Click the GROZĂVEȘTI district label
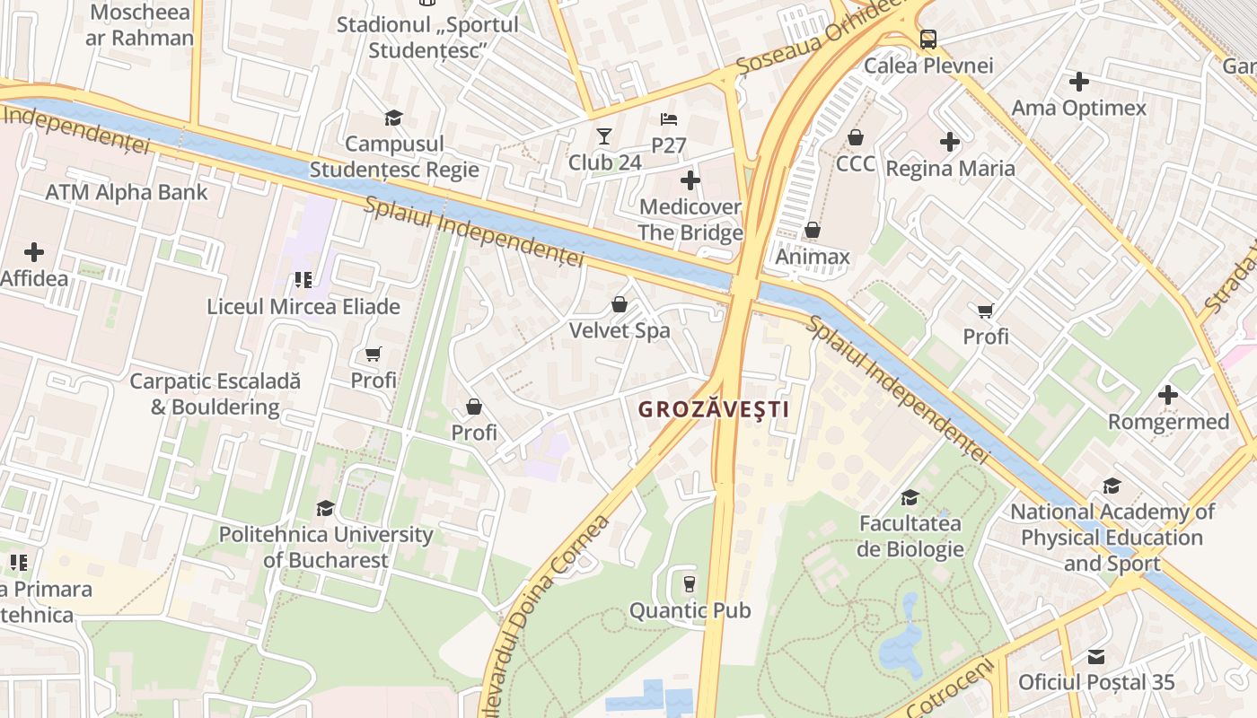[x=713, y=410]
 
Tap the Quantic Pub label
[x=690, y=611]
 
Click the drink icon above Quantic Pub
[x=690, y=584]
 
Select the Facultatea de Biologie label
[x=910, y=536]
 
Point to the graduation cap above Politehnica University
[x=325, y=509]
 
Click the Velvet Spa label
[x=620, y=330]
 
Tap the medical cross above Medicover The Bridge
[x=690, y=180]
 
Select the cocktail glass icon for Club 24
[x=604, y=136]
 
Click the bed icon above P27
[x=669, y=118]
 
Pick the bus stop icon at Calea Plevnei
[x=928, y=39]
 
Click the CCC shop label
[x=856, y=163]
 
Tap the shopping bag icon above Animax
[x=813, y=231]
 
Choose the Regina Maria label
[x=950, y=169]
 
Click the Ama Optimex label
[x=1078, y=108]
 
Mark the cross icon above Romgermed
[x=1168, y=395]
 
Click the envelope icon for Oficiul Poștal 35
[x=1096, y=656]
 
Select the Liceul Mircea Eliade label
[x=303, y=306]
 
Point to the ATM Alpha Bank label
[x=127, y=192]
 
